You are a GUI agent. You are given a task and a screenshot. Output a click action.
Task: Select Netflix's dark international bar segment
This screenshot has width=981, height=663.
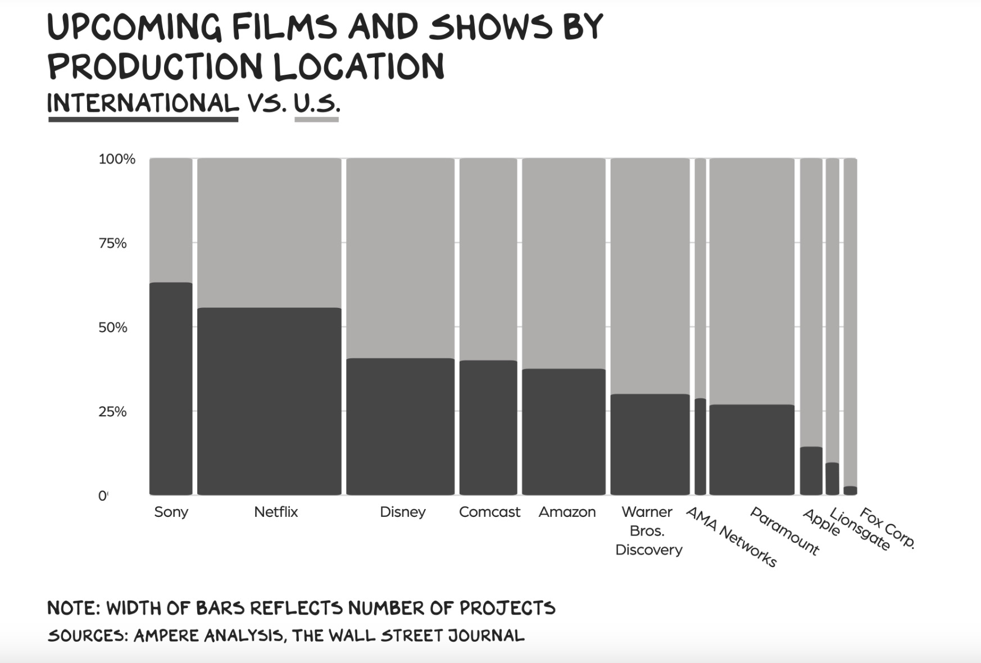[269, 401]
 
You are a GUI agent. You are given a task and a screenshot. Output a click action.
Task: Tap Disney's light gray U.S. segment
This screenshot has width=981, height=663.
[400, 258]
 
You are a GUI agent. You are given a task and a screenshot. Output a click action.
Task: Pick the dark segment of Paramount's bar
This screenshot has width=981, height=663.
[752, 449]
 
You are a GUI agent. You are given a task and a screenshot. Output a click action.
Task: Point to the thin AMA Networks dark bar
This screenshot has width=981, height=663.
[700, 447]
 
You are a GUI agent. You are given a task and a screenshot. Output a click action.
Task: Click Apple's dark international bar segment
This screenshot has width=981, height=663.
[811, 471]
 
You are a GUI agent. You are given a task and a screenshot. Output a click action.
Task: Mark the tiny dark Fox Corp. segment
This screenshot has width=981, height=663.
[850, 491]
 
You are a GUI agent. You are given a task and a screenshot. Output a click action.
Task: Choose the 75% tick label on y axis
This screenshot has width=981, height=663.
[112, 243]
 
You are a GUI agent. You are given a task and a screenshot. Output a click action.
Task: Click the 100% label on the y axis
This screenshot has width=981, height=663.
[117, 159]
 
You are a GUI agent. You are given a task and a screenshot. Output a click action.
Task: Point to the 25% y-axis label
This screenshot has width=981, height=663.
[112, 412]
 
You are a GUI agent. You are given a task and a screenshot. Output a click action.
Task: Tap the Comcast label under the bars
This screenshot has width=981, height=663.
[489, 512]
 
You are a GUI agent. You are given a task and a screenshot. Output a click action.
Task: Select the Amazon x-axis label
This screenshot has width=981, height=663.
[567, 512]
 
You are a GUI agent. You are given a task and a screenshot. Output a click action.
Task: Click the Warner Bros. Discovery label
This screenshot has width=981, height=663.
[648, 530]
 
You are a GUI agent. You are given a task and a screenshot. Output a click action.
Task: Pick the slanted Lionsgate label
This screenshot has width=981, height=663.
[860, 529]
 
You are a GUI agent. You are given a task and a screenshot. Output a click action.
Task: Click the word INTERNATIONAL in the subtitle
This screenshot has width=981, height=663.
[143, 103]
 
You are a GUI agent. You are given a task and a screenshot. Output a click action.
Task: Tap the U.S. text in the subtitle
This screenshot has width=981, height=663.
[317, 103]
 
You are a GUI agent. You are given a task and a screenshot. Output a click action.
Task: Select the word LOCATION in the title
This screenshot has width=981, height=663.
[359, 66]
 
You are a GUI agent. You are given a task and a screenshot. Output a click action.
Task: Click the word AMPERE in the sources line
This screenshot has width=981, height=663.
[166, 635]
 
